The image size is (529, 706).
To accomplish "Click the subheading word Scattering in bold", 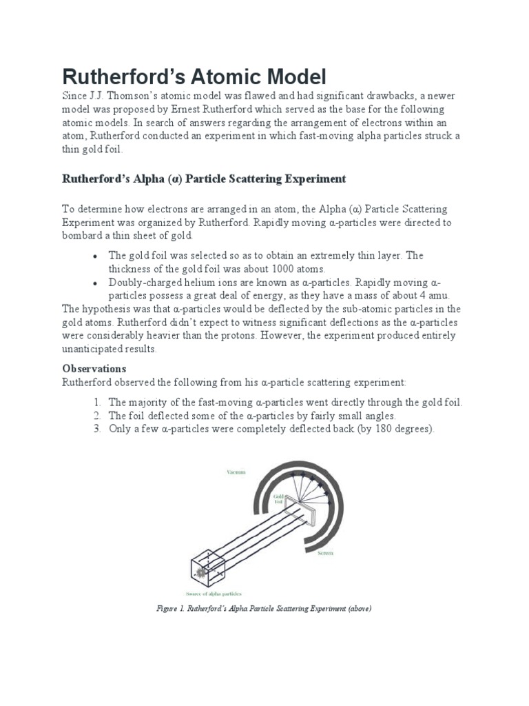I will [244, 179].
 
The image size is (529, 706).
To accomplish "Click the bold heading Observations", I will [94, 369].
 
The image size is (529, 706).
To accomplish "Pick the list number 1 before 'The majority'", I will [97, 403].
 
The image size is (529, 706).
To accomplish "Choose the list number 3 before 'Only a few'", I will [97, 429].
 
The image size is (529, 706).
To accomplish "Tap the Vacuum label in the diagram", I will [236, 472].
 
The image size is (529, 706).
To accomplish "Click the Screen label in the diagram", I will [326, 554].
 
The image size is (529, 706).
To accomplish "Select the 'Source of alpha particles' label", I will [213, 593].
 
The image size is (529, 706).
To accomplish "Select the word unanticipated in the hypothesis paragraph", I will [95, 349].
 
